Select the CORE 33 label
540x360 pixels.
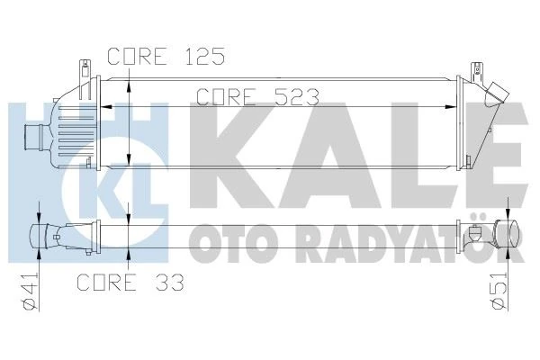(130, 283)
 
